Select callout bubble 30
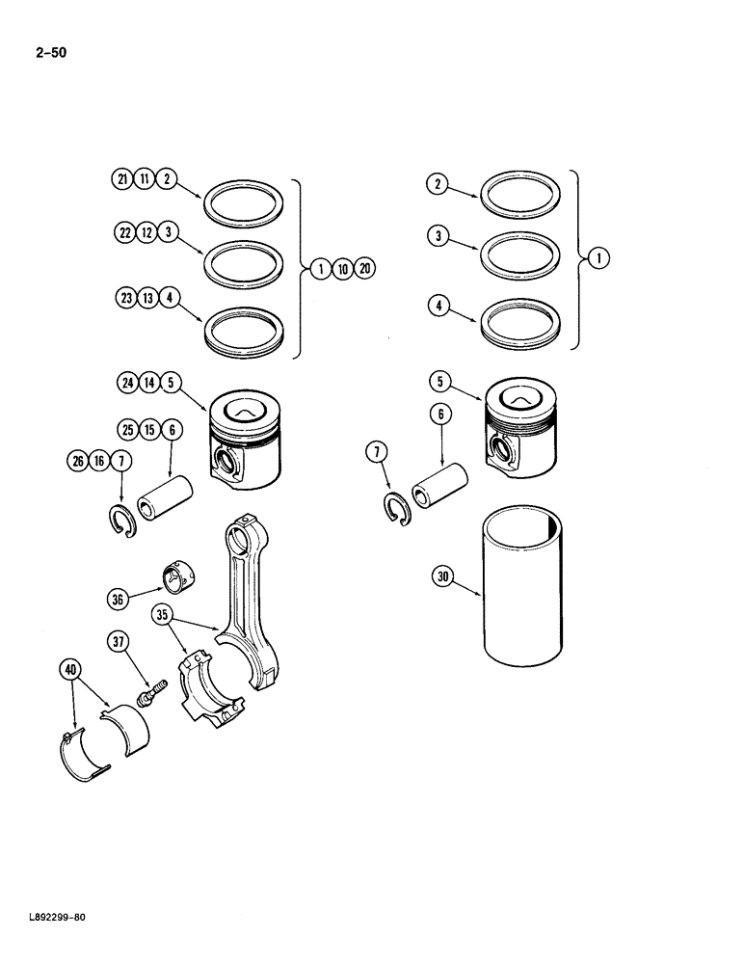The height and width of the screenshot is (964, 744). click(442, 577)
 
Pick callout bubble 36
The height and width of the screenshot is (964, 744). click(118, 600)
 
